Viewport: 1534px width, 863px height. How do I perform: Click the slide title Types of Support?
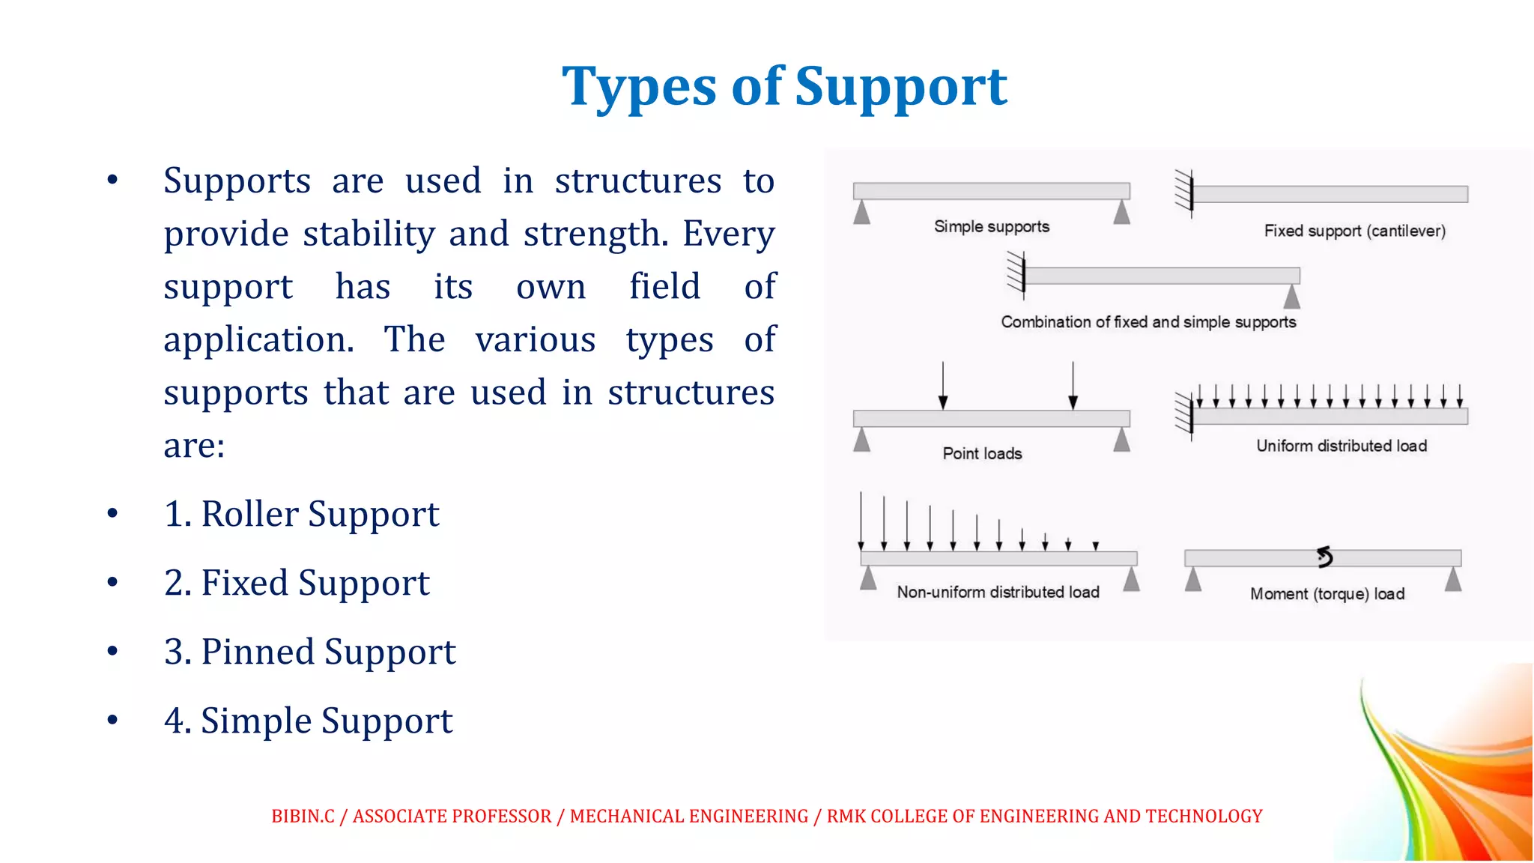784,87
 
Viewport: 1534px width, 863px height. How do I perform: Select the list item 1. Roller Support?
301,515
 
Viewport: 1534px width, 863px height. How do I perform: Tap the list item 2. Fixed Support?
297,584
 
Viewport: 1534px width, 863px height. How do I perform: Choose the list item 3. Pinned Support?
309,652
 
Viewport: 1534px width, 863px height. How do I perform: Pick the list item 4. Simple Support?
308,721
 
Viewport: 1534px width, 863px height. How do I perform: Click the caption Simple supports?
991,226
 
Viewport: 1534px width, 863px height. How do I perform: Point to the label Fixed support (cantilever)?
1354,231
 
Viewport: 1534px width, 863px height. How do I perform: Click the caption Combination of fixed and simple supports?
1148,322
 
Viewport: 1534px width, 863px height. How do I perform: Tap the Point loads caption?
981,453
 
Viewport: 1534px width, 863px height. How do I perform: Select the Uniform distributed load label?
1341,446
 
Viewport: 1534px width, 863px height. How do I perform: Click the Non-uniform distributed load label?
998,592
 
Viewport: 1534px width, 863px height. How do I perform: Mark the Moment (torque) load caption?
1327,594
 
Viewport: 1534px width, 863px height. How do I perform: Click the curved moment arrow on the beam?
1324,557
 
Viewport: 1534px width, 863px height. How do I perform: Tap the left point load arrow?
943,386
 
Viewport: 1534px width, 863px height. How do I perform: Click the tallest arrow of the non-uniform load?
861,521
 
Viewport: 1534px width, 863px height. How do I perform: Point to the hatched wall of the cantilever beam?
1183,193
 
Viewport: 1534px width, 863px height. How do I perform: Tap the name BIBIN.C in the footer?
303,816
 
